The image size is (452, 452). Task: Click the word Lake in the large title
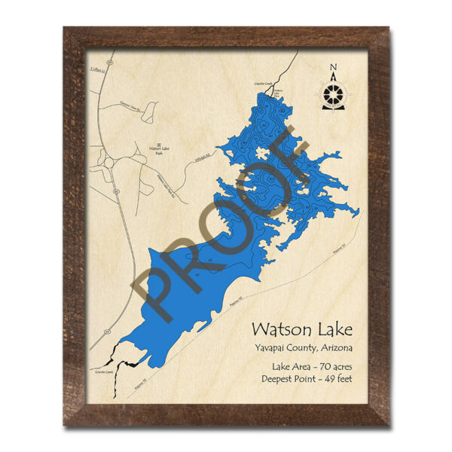click(332, 329)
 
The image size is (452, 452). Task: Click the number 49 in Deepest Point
click(326, 379)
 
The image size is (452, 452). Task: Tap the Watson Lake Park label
click(157, 151)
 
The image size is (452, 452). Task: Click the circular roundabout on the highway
click(107, 160)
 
